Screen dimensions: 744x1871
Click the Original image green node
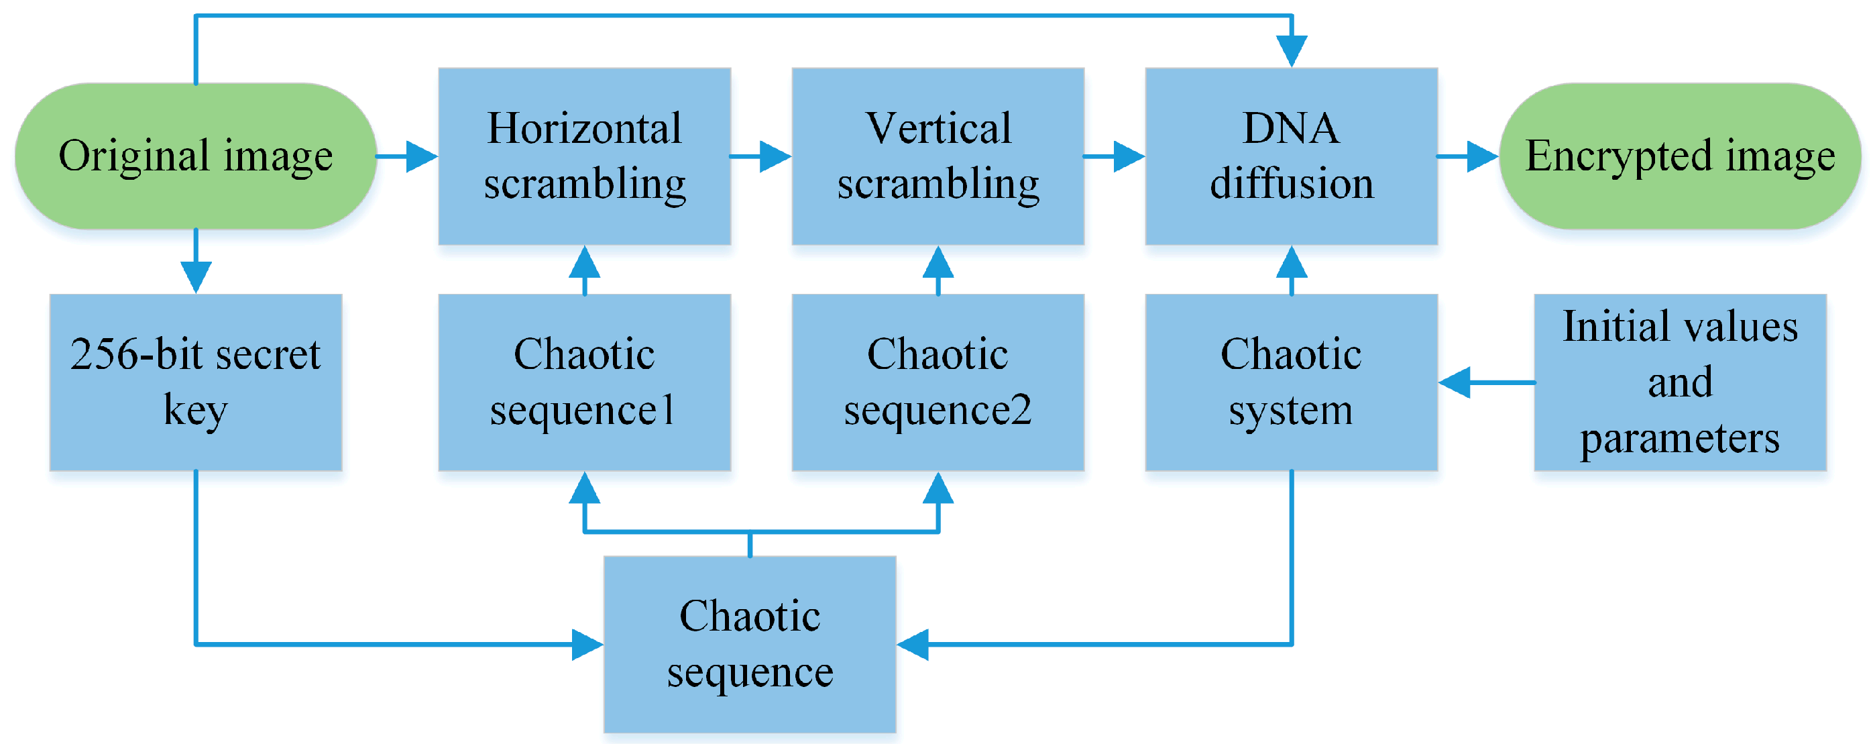195,156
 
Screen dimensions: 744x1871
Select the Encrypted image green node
1679,156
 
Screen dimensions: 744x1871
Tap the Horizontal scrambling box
584,156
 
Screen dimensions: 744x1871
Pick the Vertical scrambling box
938,156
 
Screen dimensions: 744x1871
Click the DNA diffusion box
1291,156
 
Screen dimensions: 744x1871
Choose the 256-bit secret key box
195,382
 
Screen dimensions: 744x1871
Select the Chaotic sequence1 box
584,382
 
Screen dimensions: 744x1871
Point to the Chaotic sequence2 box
938,382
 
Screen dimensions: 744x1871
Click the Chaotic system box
1291,382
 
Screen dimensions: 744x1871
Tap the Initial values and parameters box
1679,382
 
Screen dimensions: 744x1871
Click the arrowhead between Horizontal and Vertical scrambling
775,156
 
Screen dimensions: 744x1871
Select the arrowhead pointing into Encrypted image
1481,156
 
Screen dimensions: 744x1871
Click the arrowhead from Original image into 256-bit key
195,276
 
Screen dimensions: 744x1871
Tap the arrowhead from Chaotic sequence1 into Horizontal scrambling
584,263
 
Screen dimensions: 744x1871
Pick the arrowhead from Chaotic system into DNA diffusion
1292,263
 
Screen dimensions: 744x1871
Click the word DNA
1291,129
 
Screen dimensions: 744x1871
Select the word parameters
1679,439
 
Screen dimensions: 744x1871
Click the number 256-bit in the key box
138,355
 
